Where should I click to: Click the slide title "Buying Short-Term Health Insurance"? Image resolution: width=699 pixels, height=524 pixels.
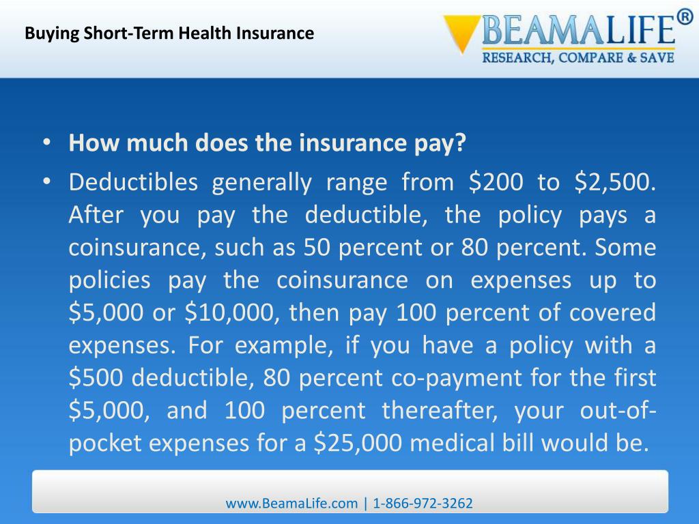pos(169,33)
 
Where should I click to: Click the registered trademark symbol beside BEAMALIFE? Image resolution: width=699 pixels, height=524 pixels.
pos(683,19)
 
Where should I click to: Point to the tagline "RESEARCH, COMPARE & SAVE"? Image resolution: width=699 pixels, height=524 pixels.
pos(579,58)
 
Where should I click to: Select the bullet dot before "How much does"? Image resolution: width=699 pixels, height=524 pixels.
pos(46,145)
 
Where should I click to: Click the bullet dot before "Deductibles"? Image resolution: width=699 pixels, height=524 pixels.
pos(46,182)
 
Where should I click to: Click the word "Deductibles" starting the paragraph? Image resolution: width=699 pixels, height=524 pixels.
pos(133,182)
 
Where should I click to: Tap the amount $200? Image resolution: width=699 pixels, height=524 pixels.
pos(496,182)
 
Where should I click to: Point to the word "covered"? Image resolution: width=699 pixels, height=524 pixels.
pos(617,313)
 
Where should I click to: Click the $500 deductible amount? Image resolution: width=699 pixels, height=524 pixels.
pos(97,379)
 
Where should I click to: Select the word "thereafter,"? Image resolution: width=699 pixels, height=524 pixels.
pos(437,411)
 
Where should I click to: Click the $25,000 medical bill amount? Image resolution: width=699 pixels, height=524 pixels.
pos(359,444)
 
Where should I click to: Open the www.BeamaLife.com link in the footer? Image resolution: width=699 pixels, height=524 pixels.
pos(291,504)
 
